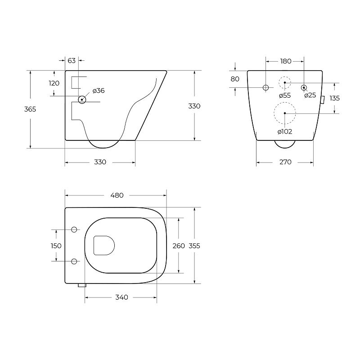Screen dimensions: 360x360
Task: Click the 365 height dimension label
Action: pos(30,109)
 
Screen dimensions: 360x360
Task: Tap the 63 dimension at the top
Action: pos(72,61)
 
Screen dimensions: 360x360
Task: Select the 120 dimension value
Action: pos(54,83)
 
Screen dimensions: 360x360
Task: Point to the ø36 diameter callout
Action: pos(99,91)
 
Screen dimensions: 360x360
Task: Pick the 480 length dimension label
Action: pos(117,195)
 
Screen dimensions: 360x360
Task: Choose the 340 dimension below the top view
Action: pos(121,297)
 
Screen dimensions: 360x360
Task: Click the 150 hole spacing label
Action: pos(56,246)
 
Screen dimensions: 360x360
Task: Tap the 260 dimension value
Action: pos(179,246)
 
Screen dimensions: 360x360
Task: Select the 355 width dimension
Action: pos(194,246)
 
